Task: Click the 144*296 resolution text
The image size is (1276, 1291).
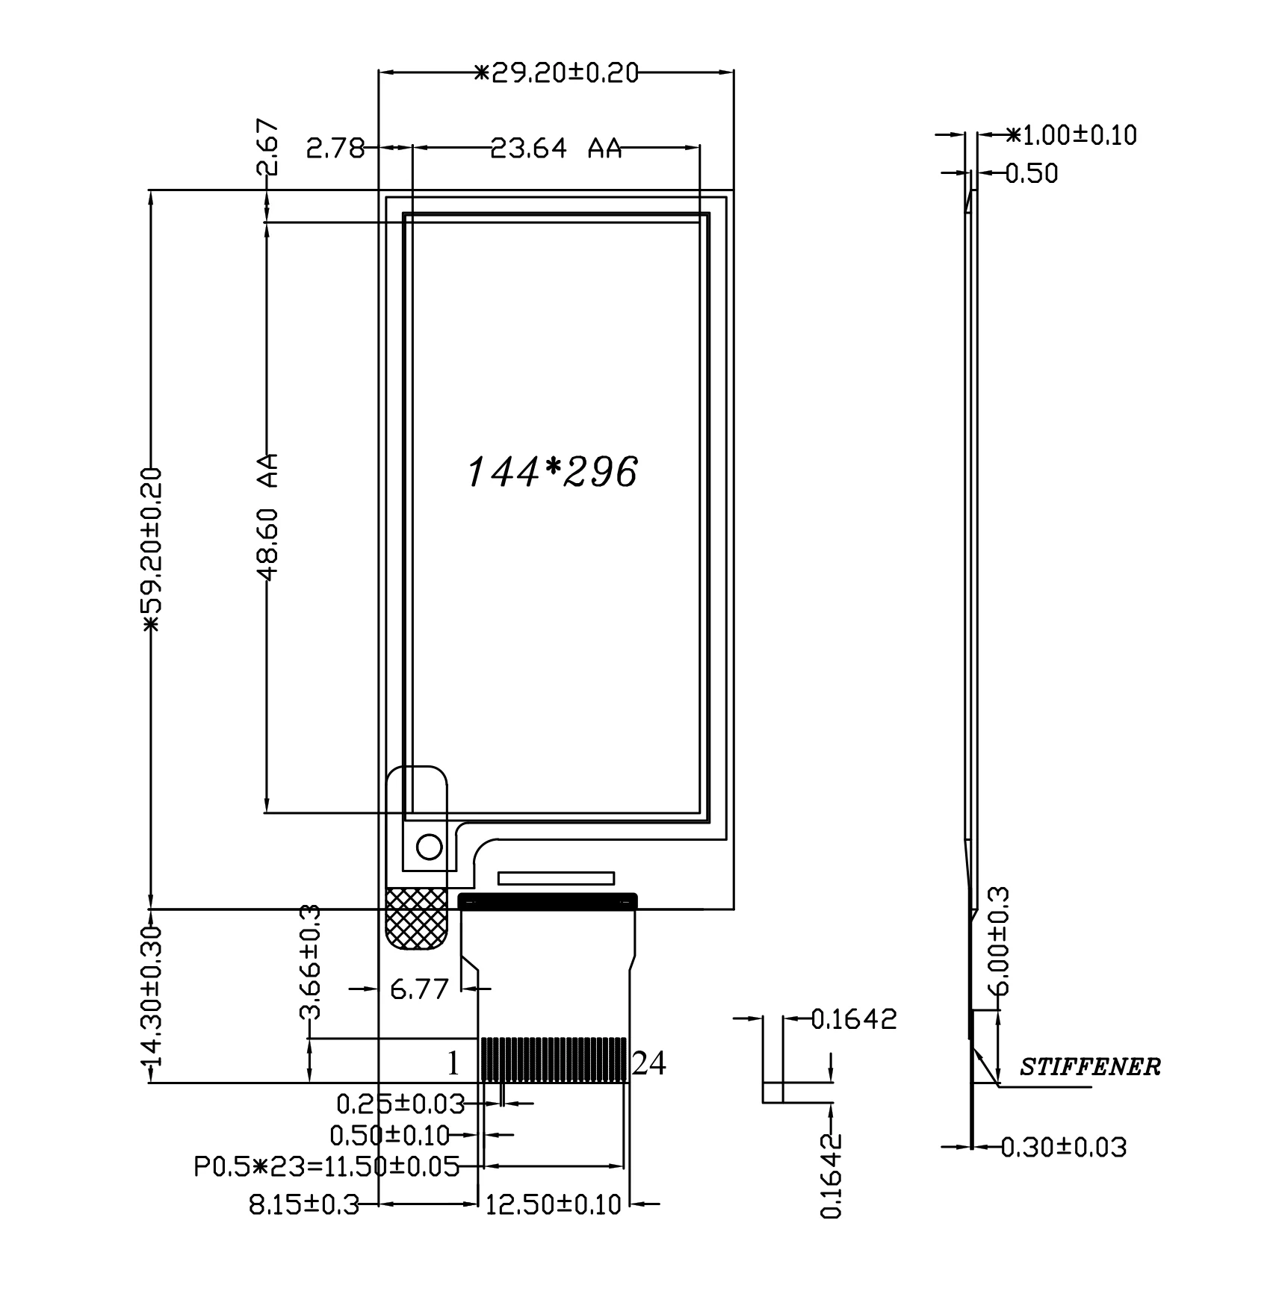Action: (x=552, y=472)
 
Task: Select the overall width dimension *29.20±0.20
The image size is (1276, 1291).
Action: (x=557, y=73)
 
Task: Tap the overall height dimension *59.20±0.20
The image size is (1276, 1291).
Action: (x=152, y=550)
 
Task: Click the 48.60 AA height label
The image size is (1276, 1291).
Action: (x=267, y=516)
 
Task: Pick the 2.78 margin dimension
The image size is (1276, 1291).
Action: (x=335, y=149)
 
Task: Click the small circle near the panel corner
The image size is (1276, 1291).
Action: (x=429, y=847)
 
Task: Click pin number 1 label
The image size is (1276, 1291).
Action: (x=453, y=1064)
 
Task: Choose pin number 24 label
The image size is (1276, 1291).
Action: (x=648, y=1064)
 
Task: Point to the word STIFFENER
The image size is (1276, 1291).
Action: (x=1090, y=1067)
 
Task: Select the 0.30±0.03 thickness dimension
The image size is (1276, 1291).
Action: (x=1063, y=1146)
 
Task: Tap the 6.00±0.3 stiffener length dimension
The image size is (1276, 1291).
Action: (x=1001, y=940)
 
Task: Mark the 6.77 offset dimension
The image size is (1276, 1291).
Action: (x=419, y=989)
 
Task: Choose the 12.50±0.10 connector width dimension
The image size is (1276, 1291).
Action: (x=553, y=1204)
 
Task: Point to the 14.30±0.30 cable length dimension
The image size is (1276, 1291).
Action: (x=152, y=995)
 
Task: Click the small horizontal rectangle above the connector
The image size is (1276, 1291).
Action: (x=556, y=878)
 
